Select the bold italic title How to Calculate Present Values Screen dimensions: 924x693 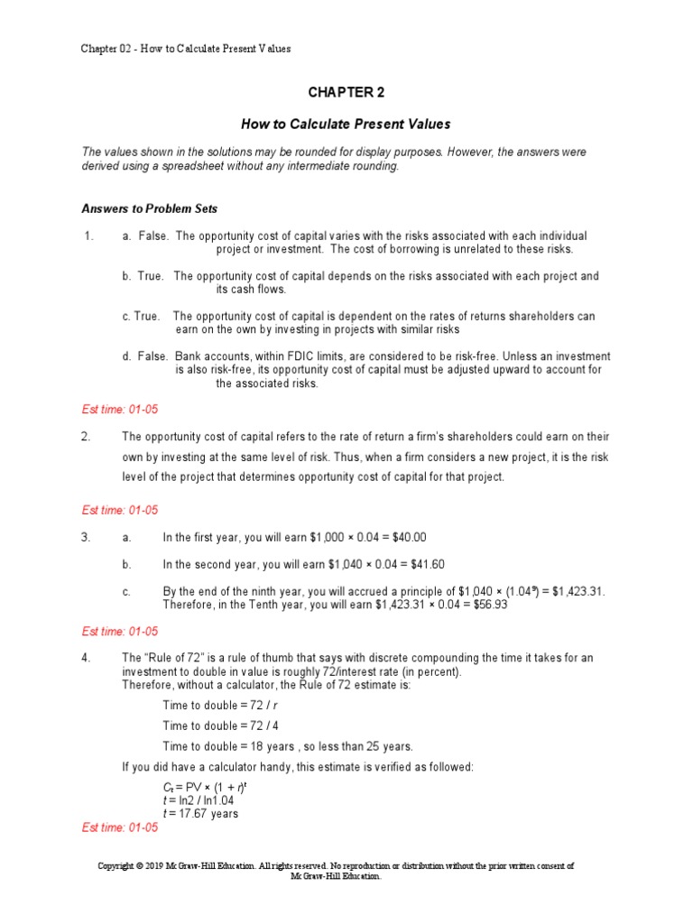[346, 124]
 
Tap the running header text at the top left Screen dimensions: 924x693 [186, 48]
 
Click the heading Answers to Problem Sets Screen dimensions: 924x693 [149, 209]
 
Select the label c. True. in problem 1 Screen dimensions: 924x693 [142, 317]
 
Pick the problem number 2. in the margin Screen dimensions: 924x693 [87, 437]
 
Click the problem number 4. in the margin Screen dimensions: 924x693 [87, 658]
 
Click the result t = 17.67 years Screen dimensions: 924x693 [200, 813]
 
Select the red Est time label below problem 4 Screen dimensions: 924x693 [119, 827]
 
